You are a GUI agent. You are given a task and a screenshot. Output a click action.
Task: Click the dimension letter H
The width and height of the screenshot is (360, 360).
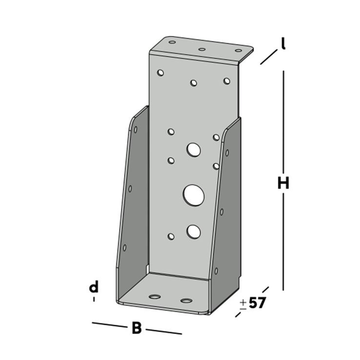tap(283, 183)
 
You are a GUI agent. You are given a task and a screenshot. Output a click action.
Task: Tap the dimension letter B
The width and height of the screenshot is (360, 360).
tap(137, 328)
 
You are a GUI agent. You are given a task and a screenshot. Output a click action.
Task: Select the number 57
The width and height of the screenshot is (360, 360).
tap(257, 303)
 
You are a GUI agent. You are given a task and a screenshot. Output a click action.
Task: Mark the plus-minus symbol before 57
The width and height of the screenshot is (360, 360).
tap(243, 303)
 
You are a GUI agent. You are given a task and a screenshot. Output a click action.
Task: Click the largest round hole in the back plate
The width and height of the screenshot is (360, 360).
tap(193, 194)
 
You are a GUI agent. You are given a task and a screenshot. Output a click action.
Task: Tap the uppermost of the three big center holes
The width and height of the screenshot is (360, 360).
tap(193, 150)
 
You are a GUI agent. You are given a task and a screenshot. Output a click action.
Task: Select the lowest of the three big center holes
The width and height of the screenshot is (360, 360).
tap(193, 232)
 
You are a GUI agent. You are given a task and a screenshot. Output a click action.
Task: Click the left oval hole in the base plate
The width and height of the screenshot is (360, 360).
tap(155, 297)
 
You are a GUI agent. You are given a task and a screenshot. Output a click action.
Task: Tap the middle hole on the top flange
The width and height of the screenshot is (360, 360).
tap(201, 49)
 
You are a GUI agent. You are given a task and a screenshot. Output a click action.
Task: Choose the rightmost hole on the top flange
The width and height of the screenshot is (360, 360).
tap(238, 50)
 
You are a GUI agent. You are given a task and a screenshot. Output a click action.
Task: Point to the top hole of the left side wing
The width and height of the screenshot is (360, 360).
tap(135, 130)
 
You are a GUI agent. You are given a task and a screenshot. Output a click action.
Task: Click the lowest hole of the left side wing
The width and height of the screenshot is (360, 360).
tap(124, 247)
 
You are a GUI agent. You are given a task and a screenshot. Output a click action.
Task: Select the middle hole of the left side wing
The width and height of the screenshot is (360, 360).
tap(130, 188)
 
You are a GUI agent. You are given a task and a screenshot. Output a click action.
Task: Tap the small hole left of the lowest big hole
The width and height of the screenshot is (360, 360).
tap(171, 236)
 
